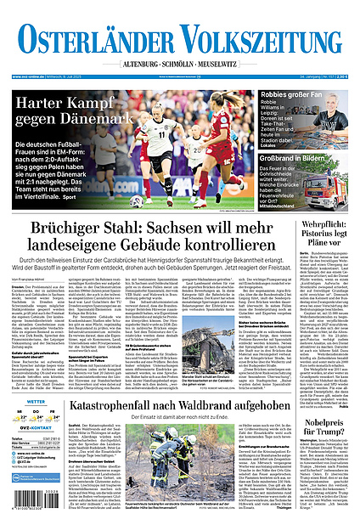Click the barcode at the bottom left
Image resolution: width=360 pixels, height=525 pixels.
tap(25, 506)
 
